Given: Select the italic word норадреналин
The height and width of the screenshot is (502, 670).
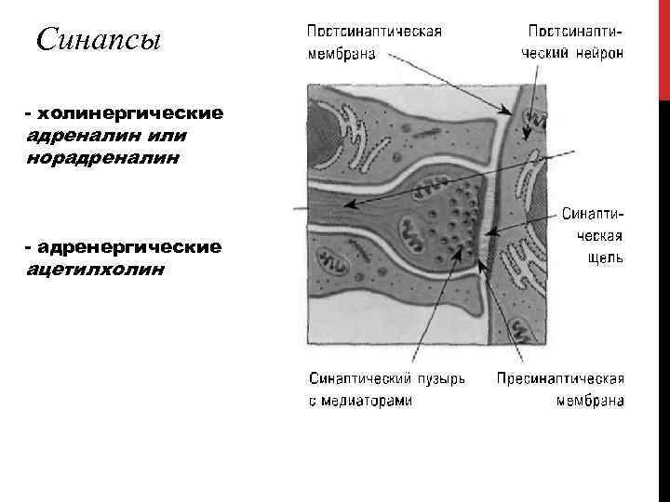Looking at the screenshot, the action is click(102, 156).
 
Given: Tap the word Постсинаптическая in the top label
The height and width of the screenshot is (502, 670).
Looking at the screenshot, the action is click(374, 32).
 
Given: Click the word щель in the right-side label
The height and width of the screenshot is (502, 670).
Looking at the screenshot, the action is click(605, 258).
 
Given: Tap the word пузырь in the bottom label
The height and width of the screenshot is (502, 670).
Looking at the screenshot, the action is click(444, 380).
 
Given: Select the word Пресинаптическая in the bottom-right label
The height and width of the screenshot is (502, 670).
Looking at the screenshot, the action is click(560, 380).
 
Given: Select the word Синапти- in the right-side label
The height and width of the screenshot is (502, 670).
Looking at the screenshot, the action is click(593, 213).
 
